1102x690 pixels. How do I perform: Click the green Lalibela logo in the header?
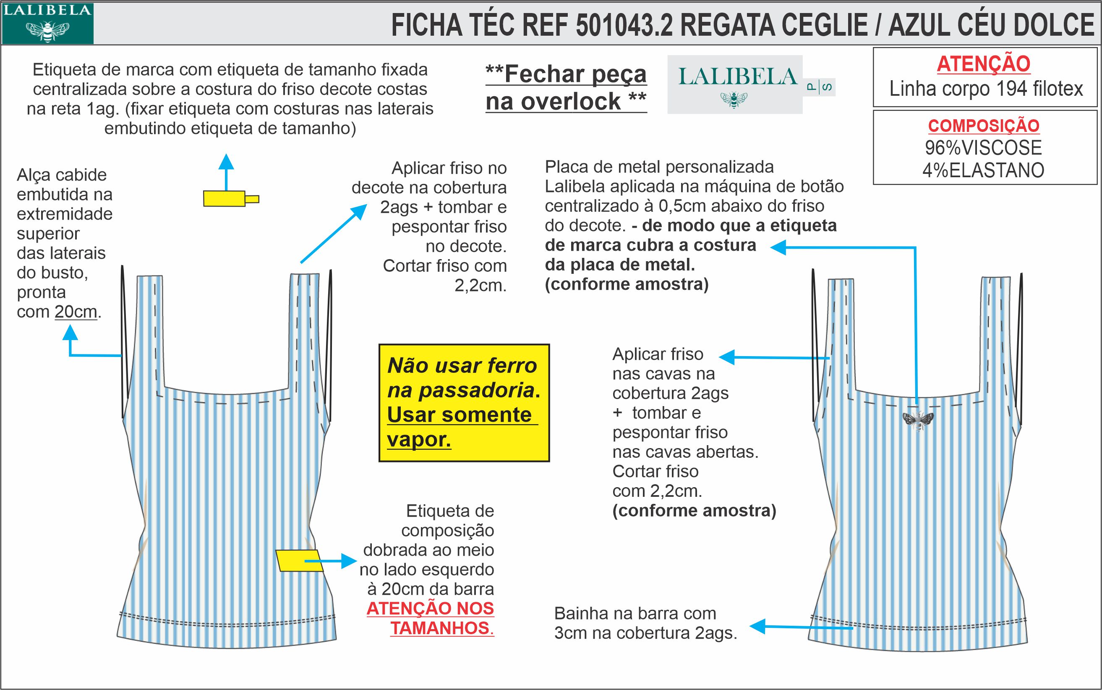47,23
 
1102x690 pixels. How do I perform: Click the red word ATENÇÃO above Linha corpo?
984,64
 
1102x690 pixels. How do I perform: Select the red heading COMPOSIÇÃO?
984,126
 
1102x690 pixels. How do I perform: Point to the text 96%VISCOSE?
984,148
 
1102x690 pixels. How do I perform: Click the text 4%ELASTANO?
984,170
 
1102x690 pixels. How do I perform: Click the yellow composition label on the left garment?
299,561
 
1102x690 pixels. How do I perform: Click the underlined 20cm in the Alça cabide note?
76,312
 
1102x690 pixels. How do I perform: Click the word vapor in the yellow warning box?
419,439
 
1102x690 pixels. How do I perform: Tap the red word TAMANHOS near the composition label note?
441,628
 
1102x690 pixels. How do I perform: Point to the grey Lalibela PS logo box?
735,84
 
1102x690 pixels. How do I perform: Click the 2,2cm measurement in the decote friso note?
480,286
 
